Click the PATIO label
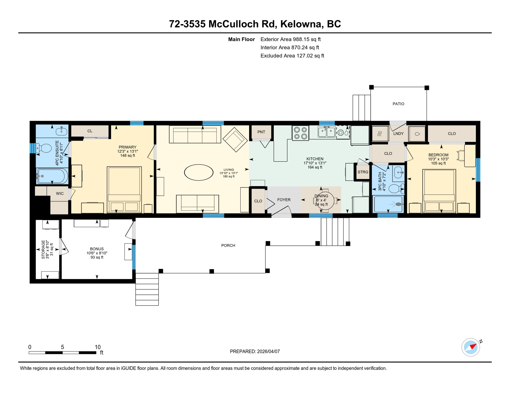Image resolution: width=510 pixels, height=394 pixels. coord(398,104)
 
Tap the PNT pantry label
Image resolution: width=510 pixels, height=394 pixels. coord(261,132)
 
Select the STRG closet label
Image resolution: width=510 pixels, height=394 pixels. coord(363,172)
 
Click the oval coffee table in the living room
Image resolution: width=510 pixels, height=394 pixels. coord(199,172)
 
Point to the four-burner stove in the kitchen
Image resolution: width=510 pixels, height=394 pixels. coord(300,133)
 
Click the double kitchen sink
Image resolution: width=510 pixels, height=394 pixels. coord(326,132)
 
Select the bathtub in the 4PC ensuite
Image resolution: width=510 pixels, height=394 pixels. coord(52,176)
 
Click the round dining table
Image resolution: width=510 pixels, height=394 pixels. coord(325,201)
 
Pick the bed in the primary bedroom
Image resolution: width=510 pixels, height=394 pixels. coord(124,189)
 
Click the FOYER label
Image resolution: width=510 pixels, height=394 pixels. coord(284,200)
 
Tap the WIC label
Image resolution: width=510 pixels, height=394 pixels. coord(60,193)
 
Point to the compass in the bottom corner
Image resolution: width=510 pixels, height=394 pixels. coord(470,347)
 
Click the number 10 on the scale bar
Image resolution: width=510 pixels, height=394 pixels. coord(97,347)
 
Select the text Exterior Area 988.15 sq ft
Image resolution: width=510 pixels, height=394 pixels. coord(290,39)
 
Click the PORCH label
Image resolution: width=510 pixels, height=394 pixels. coord(228,245)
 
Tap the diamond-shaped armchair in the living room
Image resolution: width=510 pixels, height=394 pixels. coord(235,140)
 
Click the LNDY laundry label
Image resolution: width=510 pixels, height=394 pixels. coord(398,134)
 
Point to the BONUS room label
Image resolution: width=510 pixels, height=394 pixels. coord(97,249)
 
